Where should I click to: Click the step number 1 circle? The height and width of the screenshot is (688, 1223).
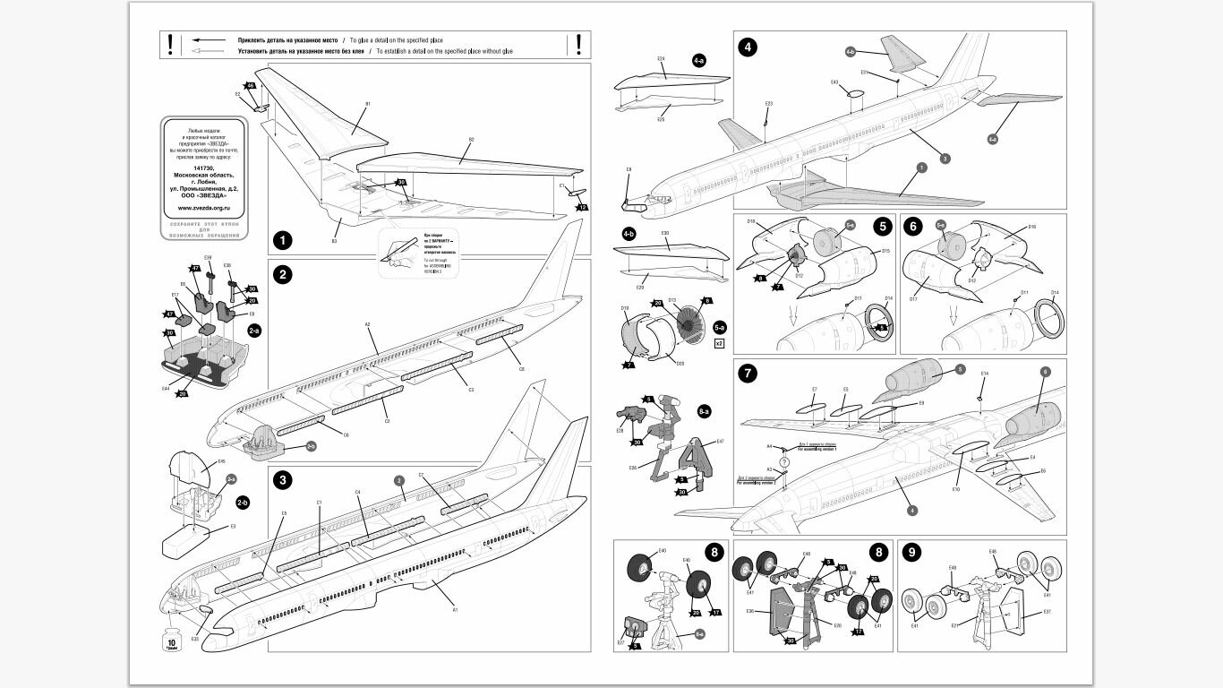[283, 240]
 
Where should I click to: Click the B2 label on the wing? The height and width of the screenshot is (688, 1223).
[471, 140]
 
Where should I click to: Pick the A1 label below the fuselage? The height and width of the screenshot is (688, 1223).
[455, 609]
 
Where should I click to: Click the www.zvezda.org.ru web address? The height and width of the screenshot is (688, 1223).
[204, 208]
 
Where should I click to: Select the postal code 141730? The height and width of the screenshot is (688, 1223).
[204, 168]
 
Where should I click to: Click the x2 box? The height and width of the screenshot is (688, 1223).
[719, 343]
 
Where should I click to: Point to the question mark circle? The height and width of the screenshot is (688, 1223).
[784, 462]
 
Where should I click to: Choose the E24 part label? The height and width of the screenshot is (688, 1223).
[661, 59]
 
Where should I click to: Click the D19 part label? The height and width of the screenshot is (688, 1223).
[626, 308]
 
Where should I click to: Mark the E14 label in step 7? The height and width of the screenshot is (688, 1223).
[984, 374]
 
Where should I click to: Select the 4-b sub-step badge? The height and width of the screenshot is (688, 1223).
[628, 233]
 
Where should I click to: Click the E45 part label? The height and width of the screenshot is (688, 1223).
[221, 462]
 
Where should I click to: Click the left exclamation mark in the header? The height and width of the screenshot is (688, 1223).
[170, 44]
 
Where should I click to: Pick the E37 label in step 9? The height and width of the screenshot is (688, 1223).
[1047, 613]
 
